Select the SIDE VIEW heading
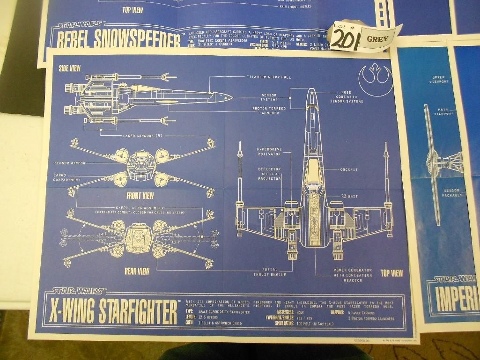tap(69, 69)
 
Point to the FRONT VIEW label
tap(140, 196)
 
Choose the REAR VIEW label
tap(137, 271)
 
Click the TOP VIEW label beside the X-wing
tap(391, 272)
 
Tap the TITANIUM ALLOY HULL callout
tap(266, 77)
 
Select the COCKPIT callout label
tap(349, 169)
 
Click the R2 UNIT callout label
tap(349, 196)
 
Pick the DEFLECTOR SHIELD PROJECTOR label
tap(269, 174)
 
